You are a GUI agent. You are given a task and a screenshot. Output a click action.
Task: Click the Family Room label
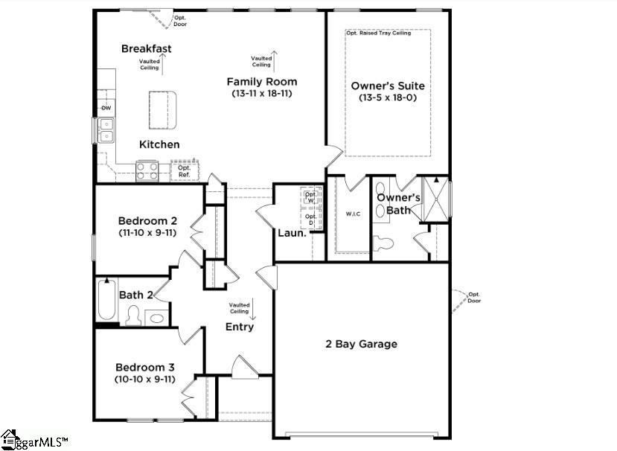[x=262, y=82]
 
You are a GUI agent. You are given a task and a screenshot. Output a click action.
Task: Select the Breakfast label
[x=147, y=49]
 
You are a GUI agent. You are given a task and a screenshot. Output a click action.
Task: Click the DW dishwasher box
[x=106, y=109]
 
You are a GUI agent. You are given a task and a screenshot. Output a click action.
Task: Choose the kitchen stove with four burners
[x=147, y=171]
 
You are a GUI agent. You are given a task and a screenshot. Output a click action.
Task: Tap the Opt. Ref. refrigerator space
[x=184, y=171]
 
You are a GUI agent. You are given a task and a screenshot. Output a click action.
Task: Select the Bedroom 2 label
[x=147, y=221]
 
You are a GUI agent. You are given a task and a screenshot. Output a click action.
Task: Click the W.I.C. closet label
[x=354, y=215]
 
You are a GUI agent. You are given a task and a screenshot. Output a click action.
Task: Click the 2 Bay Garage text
[x=361, y=344]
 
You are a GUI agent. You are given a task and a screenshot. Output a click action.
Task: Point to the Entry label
[x=240, y=327]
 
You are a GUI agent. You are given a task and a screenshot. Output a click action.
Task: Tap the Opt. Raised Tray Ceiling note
[x=378, y=33]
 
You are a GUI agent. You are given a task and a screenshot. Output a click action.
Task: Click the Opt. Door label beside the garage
[x=474, y=298]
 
